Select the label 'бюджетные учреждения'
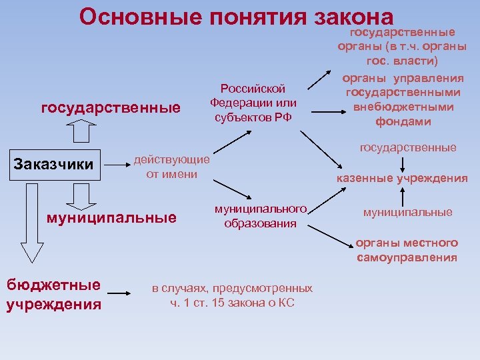(53, 295)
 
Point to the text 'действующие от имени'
(172, 167)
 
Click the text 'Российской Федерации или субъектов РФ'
(253, 103)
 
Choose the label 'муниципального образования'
(260, 216)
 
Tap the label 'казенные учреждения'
(401, 178)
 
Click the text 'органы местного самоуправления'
(407, 250)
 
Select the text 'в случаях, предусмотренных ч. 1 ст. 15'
(232, 295)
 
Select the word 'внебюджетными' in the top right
(403, 107)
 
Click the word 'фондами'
(403, 121)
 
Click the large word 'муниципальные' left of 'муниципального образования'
(111, 217)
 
